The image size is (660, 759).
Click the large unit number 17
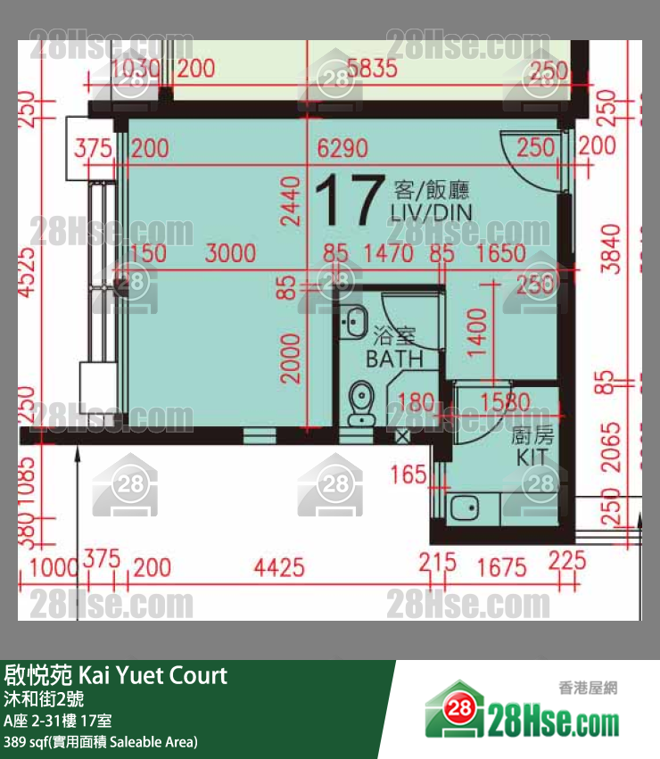(349, 201)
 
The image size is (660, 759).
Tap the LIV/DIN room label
(431, 211)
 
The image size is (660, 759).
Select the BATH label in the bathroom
(394, 359)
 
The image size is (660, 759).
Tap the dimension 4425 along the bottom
(279, 566)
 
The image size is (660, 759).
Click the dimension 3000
(230, 253)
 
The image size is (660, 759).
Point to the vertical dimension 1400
(478, 333)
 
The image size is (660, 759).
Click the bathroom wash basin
(355, 318)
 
